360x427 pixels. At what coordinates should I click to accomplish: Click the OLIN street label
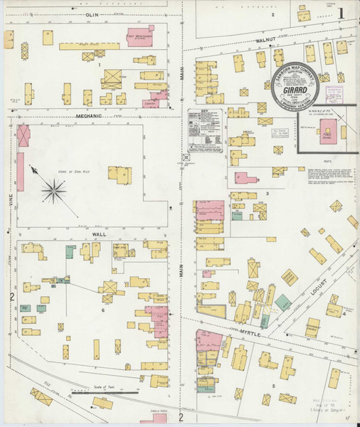point(91,14)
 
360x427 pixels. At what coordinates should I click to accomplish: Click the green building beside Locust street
point(283,302)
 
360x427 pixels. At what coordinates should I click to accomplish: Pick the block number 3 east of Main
point(268,193)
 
